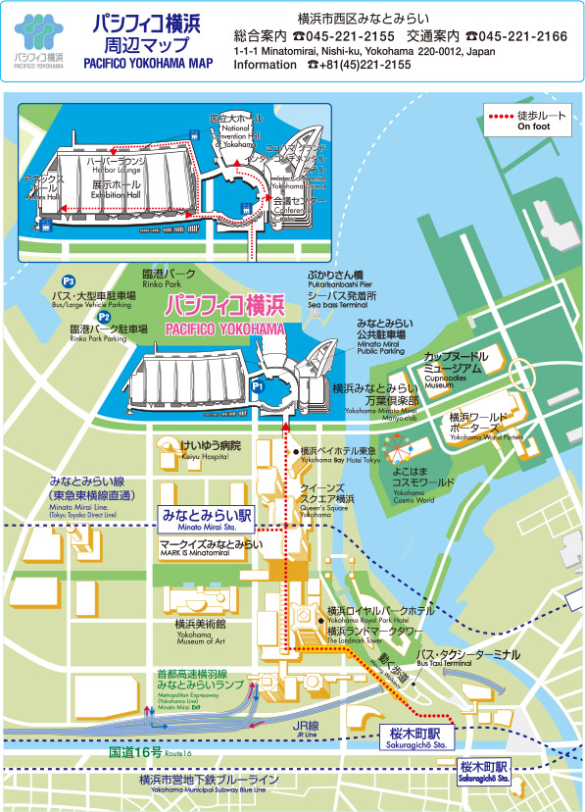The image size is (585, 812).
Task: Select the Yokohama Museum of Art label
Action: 201,629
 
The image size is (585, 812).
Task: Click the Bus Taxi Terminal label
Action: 463,659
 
